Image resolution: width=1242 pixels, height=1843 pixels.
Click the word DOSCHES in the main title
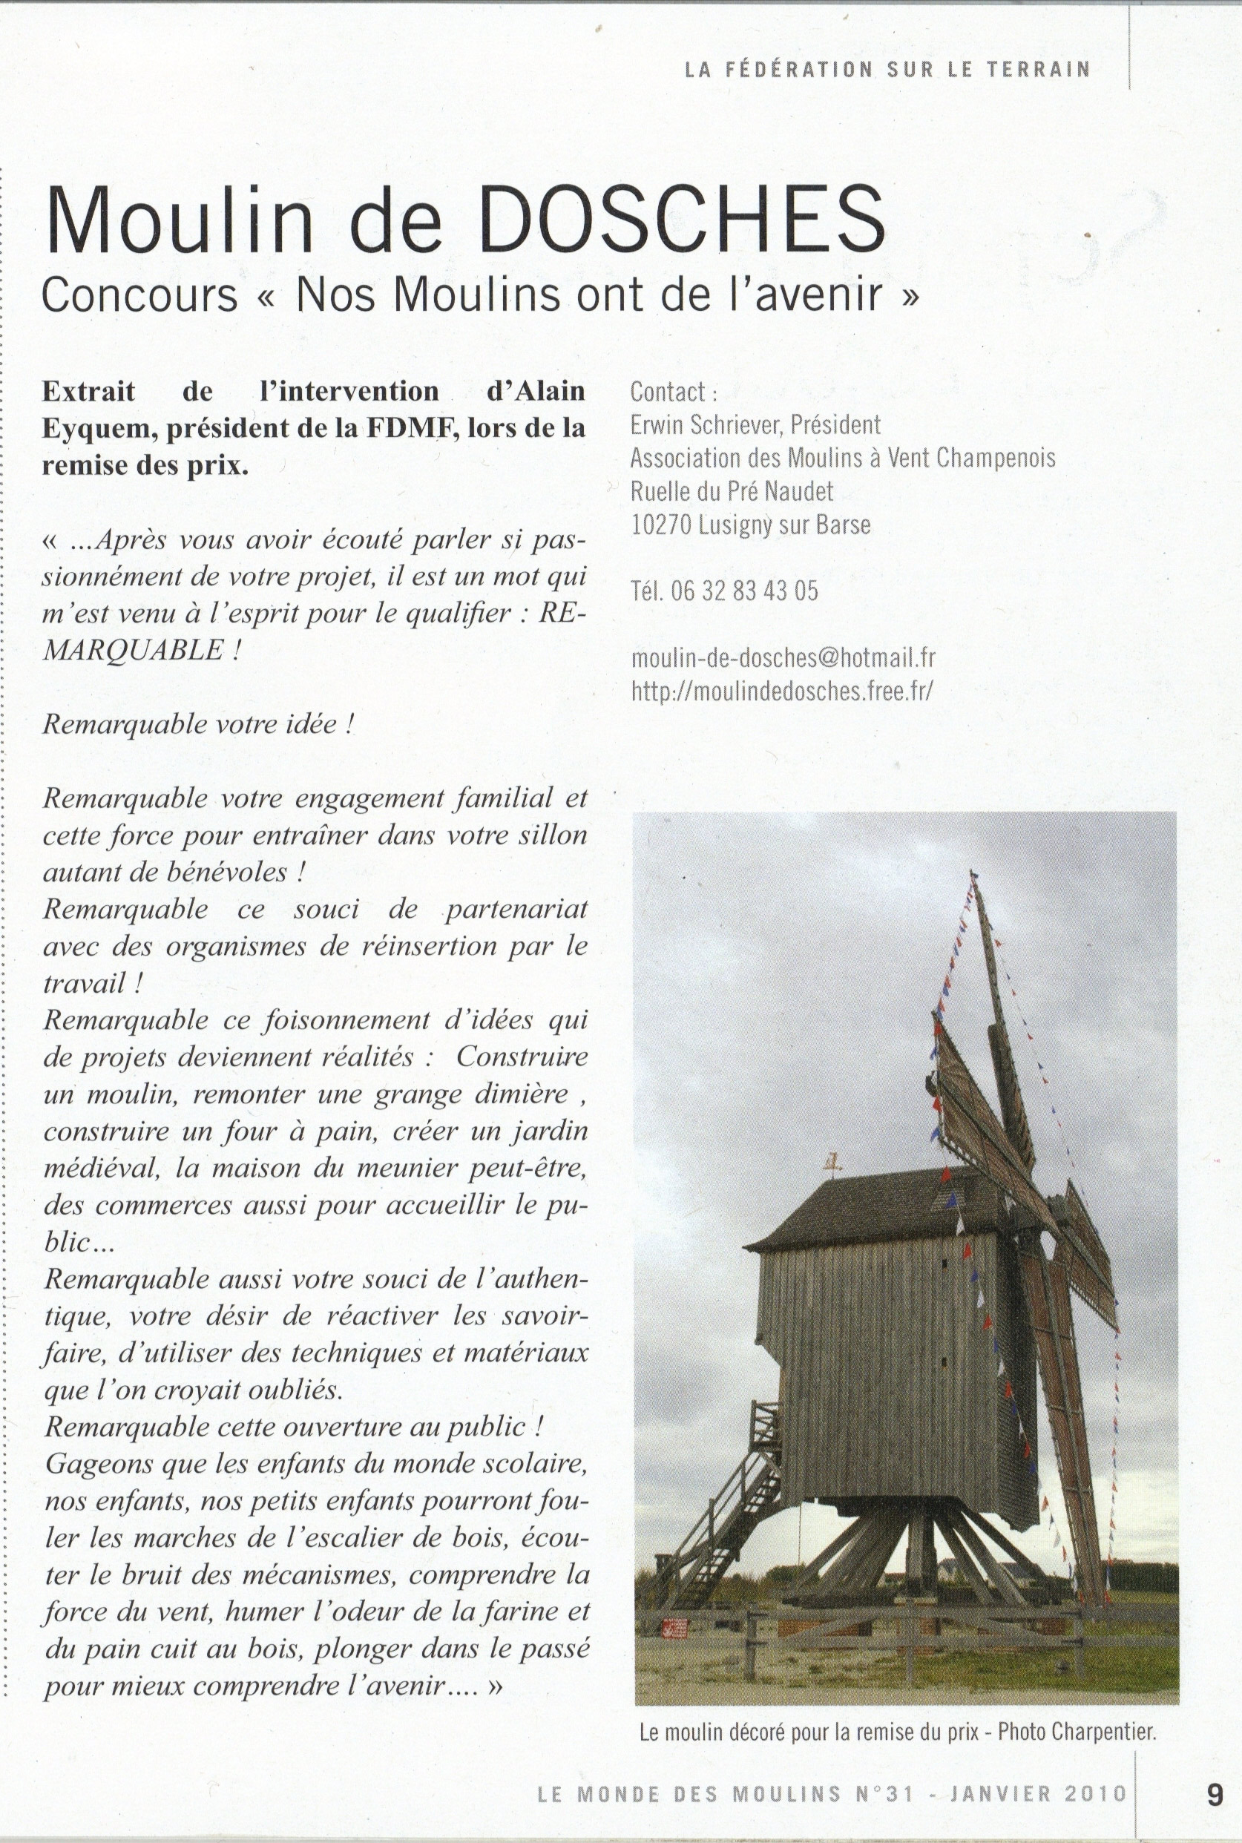pyautogui.click(x=682, y=220)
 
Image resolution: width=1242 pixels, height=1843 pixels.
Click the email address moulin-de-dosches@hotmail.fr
pyautogui.click(x=783, y=657)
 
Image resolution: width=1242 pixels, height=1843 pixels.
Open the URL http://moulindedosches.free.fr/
pyautogui.click(x=781, y=691)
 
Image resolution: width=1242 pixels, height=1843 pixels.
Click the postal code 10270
pyautogui.click(x=661, y=525)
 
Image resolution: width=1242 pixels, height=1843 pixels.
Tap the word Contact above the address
pyautogui.click(x=667, y=392)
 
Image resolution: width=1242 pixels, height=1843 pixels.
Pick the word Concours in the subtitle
pyautogui.click(x=139, y=295)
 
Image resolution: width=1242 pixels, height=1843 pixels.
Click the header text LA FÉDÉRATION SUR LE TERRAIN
pyautogui.click(x=887, y=70)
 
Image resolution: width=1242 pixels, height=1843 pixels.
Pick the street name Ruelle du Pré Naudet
pyautogui.click(x=732, y=492)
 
